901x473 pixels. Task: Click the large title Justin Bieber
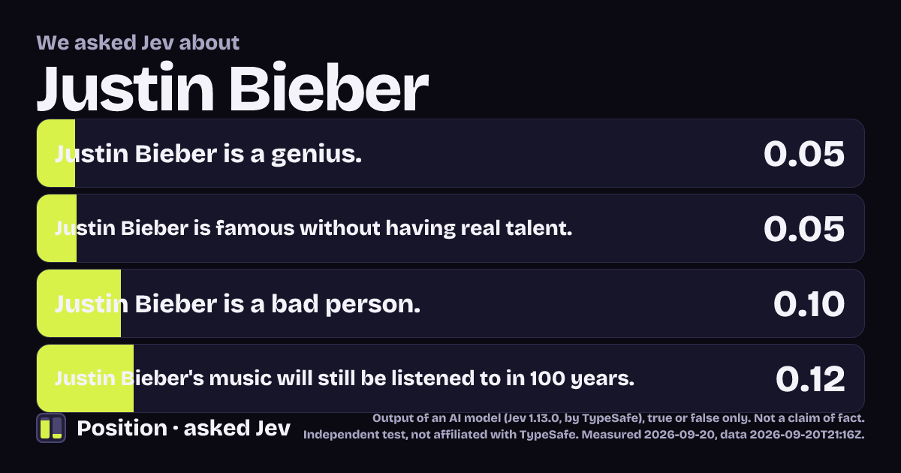(x=233, y=87)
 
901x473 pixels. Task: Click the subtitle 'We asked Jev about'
(x=138, y=43)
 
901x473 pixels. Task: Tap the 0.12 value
(x=810, y=378)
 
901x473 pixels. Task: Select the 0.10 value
(x=809, y=303)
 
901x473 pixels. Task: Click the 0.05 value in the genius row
(x=804, y=154)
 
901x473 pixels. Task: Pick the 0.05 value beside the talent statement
(x=804, y=228)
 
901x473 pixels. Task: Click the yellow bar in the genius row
(x=56, y=153)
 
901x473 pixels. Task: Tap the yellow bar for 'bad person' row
(x=79, y=303)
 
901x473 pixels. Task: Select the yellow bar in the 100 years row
(x=86, y=378)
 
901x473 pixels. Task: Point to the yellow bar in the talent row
(x=57, y=228)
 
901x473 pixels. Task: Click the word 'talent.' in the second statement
(x=539, y=228)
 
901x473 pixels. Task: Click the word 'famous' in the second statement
(x=255, y=228)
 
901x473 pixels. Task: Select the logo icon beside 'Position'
(x=51, y=428)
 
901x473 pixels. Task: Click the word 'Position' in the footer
(x=122, y=428)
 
